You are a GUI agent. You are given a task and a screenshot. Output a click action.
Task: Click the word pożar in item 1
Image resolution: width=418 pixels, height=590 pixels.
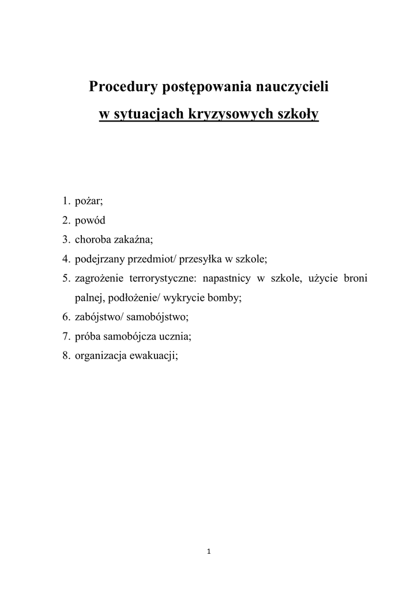click(x=88, y=201)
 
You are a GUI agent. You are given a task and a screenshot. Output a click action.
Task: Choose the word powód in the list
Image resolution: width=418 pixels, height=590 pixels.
click(x=90, y=221)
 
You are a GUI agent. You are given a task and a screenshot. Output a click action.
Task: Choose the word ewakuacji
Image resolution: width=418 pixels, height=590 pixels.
click(x=155, y=356)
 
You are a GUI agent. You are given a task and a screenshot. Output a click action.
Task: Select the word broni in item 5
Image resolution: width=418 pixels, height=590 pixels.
click(x=354, y=279)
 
